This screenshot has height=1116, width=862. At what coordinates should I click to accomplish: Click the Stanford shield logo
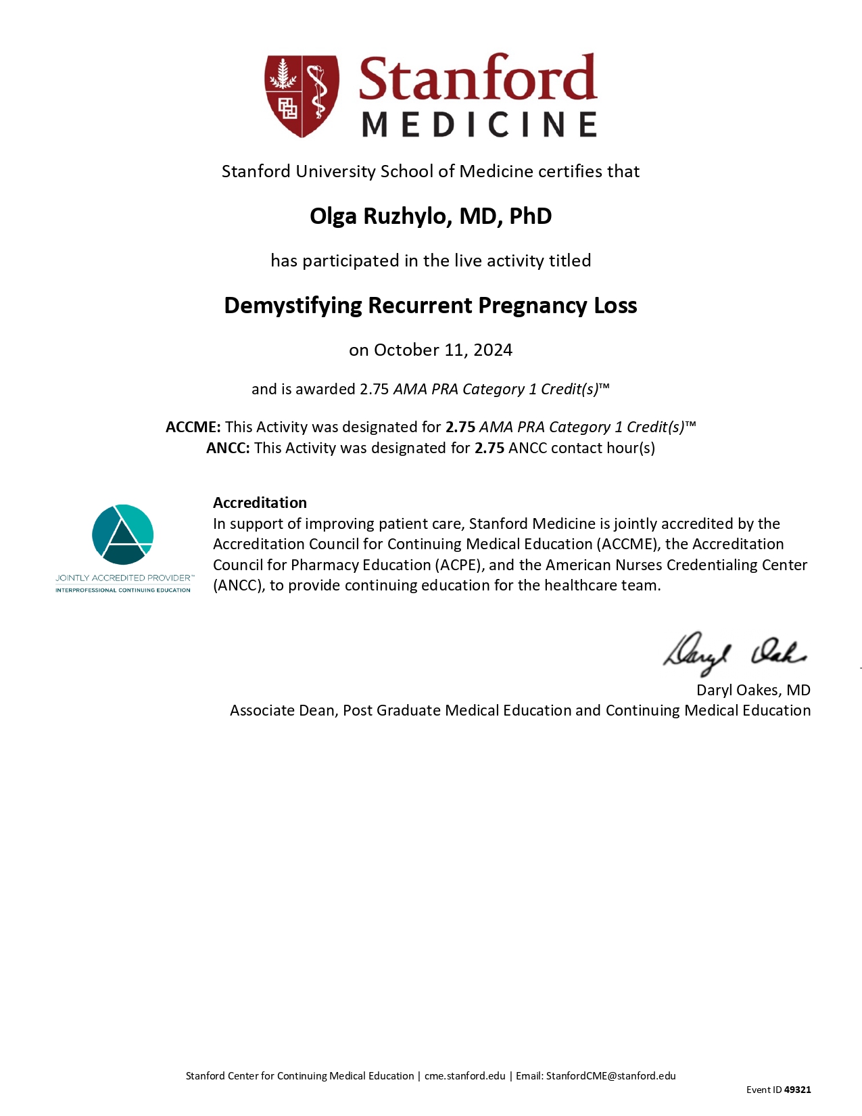click(302, 96)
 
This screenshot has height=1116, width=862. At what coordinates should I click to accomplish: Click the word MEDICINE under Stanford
click(479, 125)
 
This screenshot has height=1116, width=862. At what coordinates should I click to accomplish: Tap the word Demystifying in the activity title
click(293, 306)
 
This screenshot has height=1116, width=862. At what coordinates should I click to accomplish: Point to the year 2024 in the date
click(493, 350)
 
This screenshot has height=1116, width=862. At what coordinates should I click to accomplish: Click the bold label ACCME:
click(193, 427)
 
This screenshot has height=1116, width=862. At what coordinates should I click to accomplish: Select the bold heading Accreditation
click(260, 503)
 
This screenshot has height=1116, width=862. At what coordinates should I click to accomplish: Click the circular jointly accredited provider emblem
click(123, 534)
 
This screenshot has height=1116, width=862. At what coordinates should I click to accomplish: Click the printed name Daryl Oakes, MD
click(753, 691)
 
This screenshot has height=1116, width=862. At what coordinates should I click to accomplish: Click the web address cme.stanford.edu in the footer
click(465, 1076)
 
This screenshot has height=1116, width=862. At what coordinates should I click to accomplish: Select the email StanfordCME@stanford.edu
click(610, 1076)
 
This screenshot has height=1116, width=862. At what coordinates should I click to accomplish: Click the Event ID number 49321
click(798, 1090)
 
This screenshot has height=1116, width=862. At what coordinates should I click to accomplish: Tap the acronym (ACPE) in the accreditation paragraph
click(460, 565)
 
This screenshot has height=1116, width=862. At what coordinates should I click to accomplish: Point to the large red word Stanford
click(477, 80)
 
